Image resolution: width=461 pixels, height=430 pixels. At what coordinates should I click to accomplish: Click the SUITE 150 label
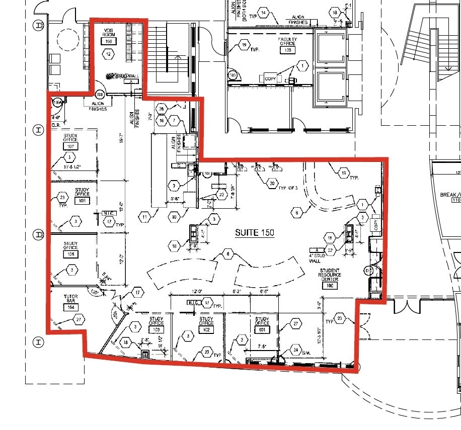point(255,232)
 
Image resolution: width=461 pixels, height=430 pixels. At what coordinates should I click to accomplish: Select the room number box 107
point(70,146)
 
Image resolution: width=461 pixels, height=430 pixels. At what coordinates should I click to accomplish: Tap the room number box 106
point(82,201)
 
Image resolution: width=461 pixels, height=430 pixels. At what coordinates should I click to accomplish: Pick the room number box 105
point(70,254)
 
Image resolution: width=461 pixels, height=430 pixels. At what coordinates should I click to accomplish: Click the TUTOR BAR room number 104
point(71,307)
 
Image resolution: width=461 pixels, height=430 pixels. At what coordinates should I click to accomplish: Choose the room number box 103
point(156,330)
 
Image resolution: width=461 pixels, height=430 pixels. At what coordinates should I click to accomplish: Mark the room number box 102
point(206,330)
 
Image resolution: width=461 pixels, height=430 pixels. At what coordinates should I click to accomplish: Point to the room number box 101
point(262,330)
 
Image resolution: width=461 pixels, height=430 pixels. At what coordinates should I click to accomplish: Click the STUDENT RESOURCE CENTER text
point(330,275)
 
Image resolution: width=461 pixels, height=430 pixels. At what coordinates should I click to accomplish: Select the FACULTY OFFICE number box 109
point(288,50)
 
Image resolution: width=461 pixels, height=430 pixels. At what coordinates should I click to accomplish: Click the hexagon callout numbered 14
point(263,13)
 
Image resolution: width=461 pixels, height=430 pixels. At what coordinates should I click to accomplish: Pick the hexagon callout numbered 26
point(161,109)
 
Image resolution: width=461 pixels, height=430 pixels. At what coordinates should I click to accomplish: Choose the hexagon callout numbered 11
point(145,217)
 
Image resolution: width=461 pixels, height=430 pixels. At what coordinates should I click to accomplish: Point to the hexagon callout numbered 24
point(296,350)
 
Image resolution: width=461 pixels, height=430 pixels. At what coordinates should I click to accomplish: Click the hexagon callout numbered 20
point(272,184)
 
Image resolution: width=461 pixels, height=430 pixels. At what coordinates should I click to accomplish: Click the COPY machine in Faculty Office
point(270,79)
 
